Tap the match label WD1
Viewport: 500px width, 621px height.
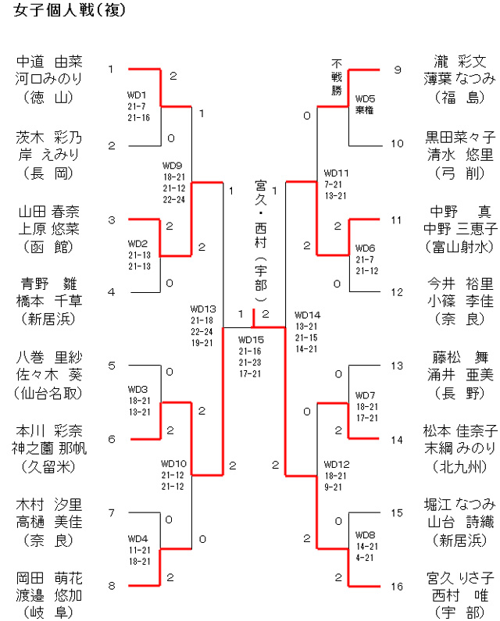[137, 96]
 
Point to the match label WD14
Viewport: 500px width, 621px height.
[307, 315]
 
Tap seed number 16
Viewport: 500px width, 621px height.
[397, 586]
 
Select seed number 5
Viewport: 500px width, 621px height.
[111, 365]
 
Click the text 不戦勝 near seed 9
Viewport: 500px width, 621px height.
[337, 77]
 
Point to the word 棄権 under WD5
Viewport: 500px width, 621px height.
[364, 110]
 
